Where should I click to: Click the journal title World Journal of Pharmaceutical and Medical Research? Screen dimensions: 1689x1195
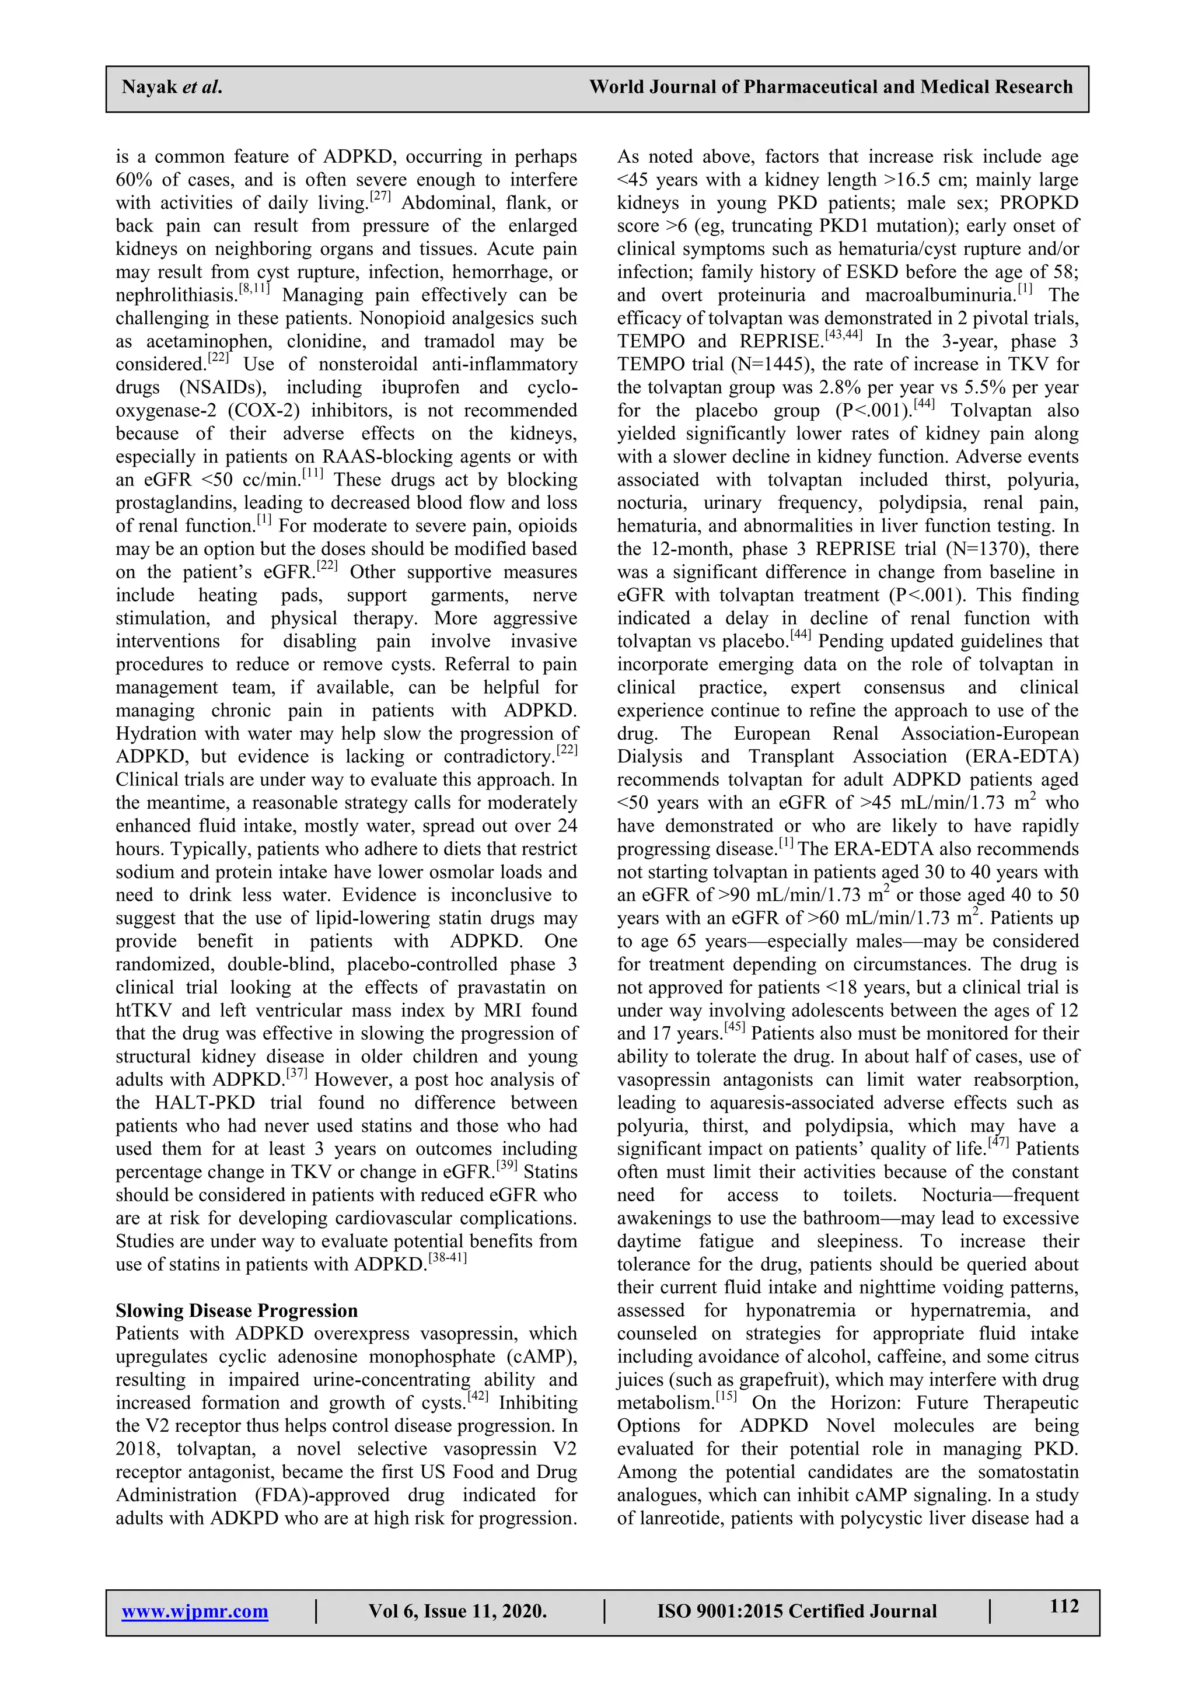pos(830,88)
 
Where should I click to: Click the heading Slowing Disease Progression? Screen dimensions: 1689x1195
pos(236,1310)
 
